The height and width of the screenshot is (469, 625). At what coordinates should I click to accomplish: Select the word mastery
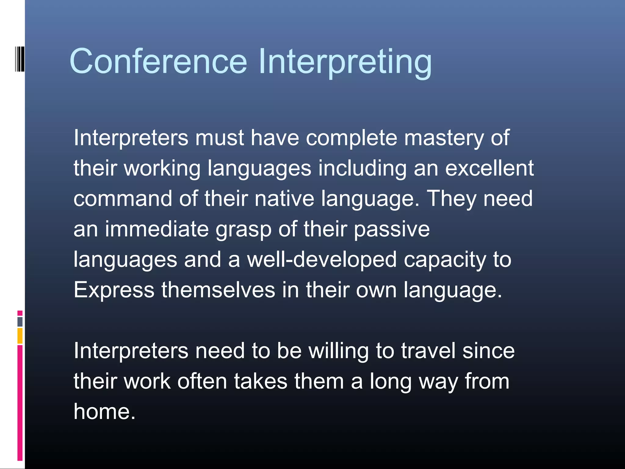point(444,138)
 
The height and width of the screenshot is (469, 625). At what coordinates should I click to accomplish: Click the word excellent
point(489,168)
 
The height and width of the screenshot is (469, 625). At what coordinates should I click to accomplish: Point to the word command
point(123,198)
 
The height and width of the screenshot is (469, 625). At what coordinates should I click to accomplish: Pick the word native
point(284,198)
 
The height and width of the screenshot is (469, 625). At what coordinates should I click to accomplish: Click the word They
point(451,199)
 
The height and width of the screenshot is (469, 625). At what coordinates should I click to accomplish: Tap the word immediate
point(157,229)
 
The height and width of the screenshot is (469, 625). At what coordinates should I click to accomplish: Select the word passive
point(392,229)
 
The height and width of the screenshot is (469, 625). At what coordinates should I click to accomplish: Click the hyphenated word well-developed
point(322,260)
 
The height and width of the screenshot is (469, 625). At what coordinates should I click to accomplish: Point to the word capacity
point(445,260)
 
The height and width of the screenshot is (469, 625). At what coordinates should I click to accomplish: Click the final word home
point(104,412)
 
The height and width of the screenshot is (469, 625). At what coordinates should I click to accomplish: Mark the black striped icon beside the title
point(20,59)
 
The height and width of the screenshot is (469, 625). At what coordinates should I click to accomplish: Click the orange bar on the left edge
point(20,336)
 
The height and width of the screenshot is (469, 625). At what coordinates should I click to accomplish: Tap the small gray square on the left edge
point(20,322)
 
